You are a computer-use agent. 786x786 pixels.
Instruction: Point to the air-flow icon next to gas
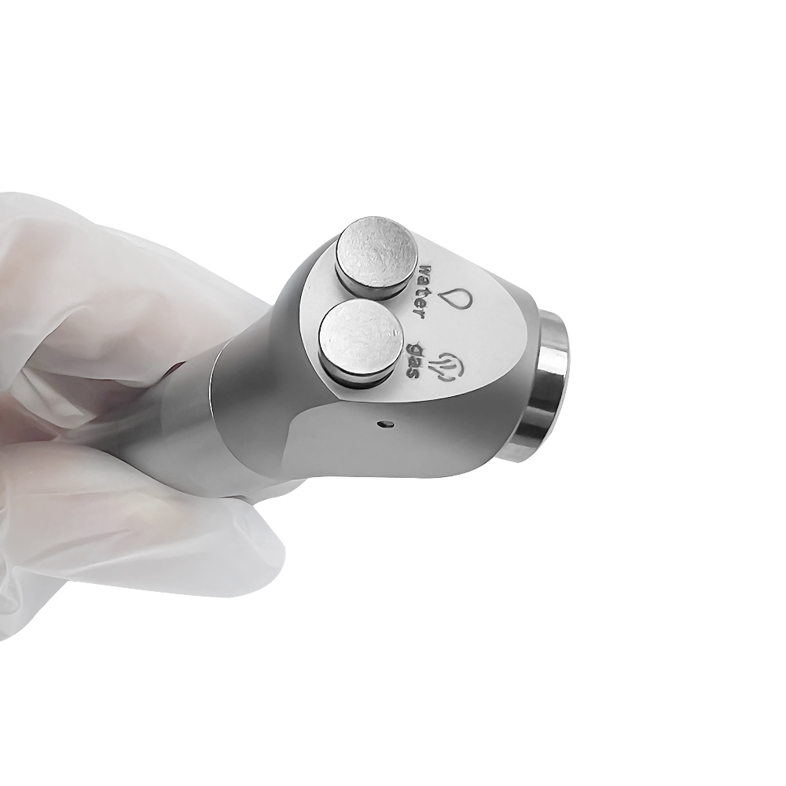coord(450,366)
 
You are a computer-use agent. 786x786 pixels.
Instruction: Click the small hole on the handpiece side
coord(385,425)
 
